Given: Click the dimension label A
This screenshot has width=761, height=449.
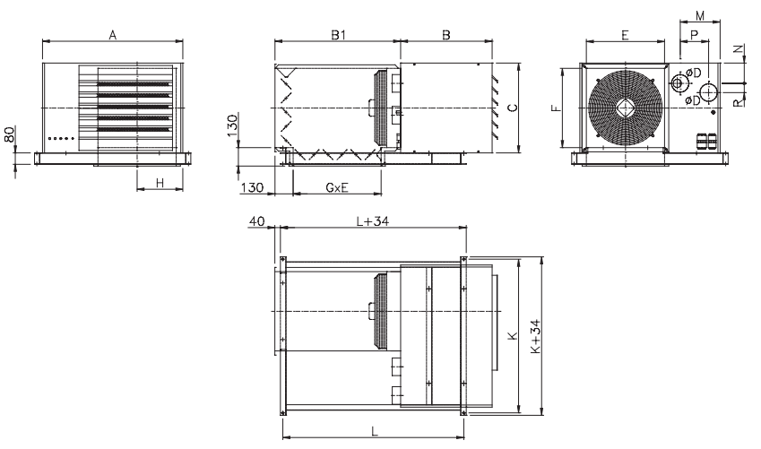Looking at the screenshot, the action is pyautogui.click(x=113, y=35).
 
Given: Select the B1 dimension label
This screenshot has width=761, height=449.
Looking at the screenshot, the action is pyautogui.click(x=339, y=35).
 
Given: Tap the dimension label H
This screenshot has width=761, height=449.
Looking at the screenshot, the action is pyautogui.click(x=160, y=183).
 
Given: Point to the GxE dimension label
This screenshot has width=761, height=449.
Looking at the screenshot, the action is pyautogui.click(x=337, y=187).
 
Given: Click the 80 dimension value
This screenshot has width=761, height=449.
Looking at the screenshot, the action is pyautogui.click(x=10, y=134).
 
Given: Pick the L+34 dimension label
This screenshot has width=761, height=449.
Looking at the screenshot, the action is pyautogui.click(x=373, y=221).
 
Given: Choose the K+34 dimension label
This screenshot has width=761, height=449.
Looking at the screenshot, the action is pyautogui.click(x=535, y=336).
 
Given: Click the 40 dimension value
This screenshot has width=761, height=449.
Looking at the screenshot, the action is pyautogui.click(x=256, y=221).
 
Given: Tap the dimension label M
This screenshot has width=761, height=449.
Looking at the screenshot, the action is pyautogui.click(x=700, y=16).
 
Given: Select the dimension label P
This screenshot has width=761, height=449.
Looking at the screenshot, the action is pyautogui.click(x=694, y=35).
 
